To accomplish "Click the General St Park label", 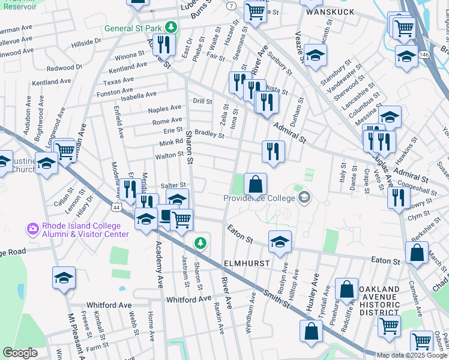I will (x=133, y=28).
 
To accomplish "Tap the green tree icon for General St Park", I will (x=171, y=28).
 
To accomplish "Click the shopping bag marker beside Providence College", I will (x=255, y=185).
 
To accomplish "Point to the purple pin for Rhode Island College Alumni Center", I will (x=32, y=229).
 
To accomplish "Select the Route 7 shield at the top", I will (x=231, y=5).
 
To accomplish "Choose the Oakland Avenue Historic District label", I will (x=379, y=298).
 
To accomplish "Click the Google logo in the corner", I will (x=20, y=352).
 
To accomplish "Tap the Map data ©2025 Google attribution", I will (x=412, y=355).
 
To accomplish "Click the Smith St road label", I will (x=277, y=298).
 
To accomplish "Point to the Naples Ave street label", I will (x=165, y=109).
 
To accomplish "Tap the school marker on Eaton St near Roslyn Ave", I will (x=280, y=242).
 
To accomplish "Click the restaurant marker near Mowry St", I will (x=398, y=197).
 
